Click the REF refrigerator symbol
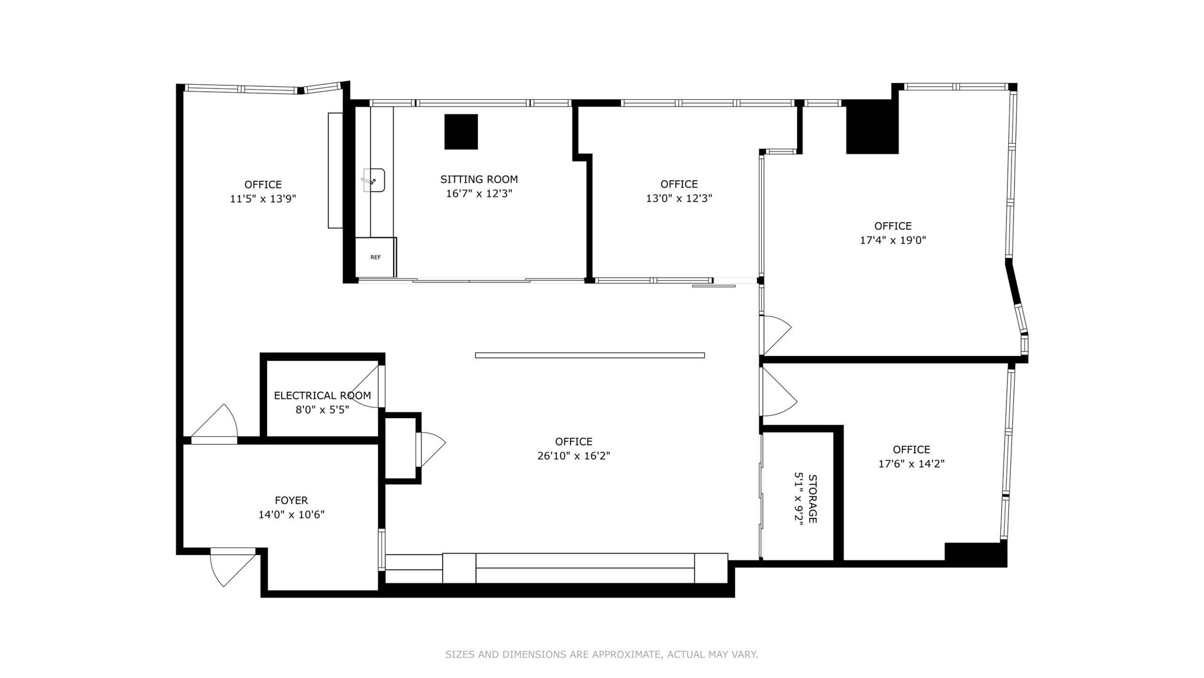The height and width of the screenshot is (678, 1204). (376, 257)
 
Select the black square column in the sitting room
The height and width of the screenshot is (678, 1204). (461, 132)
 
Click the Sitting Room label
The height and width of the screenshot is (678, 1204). (479, 180)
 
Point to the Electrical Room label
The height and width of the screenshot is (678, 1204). (322, 395)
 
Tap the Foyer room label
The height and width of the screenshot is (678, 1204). (292, 500)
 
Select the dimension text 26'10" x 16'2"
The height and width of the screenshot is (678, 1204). (574, 456)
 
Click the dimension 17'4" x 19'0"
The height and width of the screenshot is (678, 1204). (893, 240)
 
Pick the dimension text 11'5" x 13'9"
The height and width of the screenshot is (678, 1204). (263, 199)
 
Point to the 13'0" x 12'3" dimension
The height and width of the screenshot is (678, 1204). (679, 198)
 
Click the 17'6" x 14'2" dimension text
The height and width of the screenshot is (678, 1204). (911, 464)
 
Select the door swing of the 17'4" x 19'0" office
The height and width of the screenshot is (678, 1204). (776, 335)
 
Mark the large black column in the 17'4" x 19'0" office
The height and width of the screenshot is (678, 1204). (872, 126)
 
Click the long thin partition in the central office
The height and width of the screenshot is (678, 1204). (590, 355)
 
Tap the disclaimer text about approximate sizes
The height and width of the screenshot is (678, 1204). (602, 655)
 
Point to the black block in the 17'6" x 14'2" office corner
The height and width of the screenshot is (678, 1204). (976, 554)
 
